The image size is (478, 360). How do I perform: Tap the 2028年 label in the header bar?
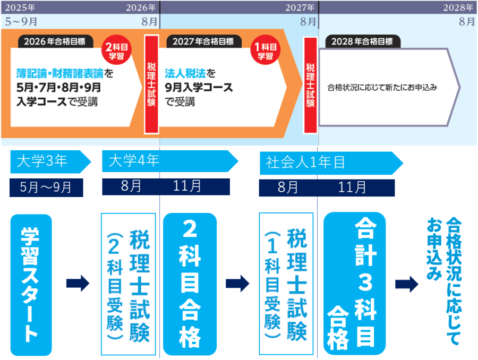pyautogui.click(x=458, y=7)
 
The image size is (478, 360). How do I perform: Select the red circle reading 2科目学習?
pyautogui.click(x=115, y=51)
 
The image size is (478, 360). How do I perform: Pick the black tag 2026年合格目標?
pyautogui.click(x=55, y=41)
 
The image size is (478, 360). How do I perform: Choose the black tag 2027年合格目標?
pyautogui.click(x=203, y=41)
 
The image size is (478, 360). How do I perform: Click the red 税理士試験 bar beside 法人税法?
pyautogui.click(x=151, y=84)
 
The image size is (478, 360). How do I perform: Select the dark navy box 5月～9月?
pyautogui.click(x=46, y=187)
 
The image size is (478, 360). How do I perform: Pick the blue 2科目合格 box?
pyautogui.click(x=190, y=285)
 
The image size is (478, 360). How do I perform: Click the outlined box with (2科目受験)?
pyautogui.click(x=128, y=285)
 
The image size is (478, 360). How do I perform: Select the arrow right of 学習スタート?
pyautogui.click(x=78, y=284)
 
